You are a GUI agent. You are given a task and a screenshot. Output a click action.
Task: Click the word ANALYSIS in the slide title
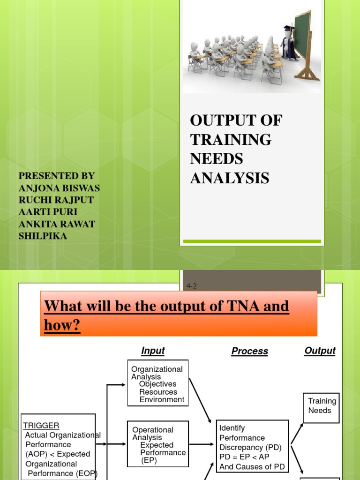(229, 178)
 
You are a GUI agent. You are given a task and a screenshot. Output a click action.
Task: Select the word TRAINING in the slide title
(231, 140)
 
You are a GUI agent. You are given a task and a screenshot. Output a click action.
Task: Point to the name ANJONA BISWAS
(59, 188)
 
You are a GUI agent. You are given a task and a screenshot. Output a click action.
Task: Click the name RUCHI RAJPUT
(56, 200)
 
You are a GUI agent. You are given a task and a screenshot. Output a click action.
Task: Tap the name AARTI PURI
(48, 212)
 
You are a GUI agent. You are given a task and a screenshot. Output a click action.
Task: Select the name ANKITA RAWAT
(57, 224)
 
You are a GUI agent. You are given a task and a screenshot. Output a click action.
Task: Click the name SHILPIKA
(43, 236)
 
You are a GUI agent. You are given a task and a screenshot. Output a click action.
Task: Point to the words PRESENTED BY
(56, 176)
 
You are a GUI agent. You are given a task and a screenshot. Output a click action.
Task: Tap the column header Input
(153, 351)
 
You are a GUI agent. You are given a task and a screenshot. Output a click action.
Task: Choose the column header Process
(250, 351)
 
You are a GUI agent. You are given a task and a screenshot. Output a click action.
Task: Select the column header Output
(320, 351)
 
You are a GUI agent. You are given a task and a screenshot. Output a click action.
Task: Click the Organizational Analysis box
(158, 382)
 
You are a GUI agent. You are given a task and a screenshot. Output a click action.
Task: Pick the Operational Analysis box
(158, 444)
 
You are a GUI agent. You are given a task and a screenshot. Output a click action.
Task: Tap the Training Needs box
(322, 406)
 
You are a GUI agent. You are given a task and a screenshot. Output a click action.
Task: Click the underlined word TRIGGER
(41, 426)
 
